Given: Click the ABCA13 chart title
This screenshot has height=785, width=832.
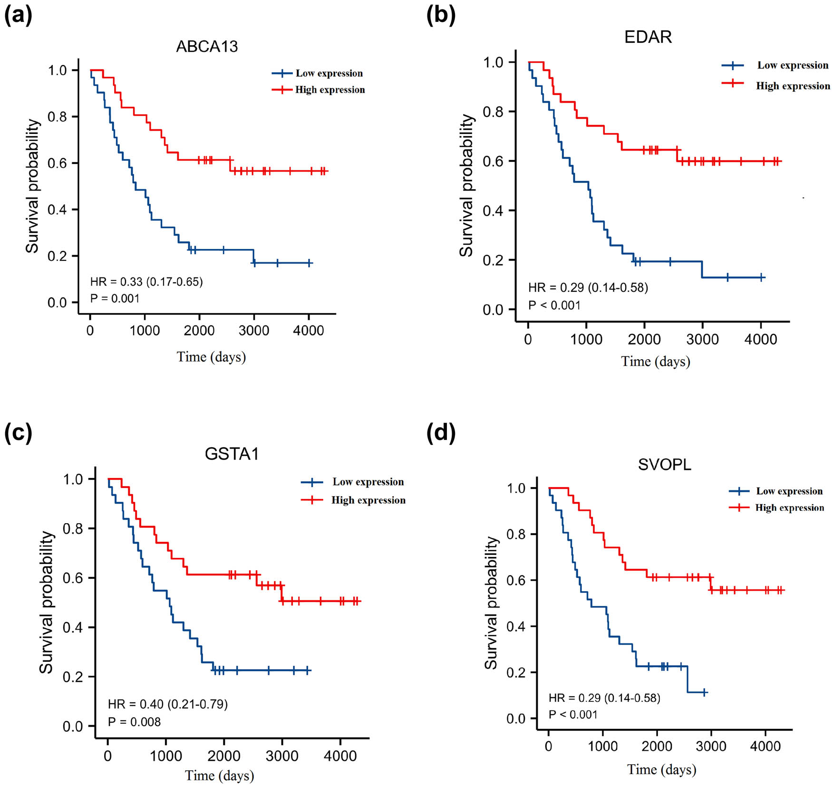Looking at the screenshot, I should (207, 47).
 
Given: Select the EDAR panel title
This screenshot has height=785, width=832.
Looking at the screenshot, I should (648, 37).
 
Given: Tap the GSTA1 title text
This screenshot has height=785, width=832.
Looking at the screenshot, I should (232, 454).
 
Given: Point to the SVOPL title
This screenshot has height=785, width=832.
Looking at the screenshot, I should (664, 464).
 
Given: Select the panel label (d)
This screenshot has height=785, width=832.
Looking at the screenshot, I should (441, 432).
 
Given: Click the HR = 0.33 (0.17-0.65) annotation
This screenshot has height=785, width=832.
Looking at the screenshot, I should (146, 282).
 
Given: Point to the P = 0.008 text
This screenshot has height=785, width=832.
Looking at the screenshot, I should (134, 722).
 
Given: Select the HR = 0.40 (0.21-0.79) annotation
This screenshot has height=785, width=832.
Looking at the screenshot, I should (168, 704).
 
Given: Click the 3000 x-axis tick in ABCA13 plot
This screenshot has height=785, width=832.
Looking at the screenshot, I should (254, 331).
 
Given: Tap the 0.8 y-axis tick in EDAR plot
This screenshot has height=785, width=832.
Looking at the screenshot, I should (493, 112).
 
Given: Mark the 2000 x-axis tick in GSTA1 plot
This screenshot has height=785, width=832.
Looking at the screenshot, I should (223, 756).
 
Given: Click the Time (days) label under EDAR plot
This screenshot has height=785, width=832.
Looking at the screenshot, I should (655, 362).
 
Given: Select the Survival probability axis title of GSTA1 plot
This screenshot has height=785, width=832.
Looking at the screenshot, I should (46, 602).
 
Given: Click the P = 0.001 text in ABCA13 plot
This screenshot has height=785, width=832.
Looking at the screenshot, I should (115, 298).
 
